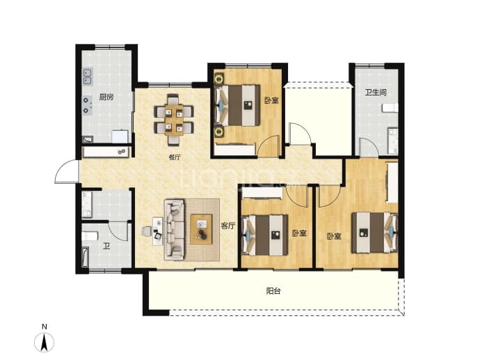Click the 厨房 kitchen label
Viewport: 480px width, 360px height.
point(106,97)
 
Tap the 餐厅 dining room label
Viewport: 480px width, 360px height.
point(175,157)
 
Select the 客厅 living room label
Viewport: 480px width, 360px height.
point(228,226)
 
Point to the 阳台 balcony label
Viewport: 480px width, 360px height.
point(273,291)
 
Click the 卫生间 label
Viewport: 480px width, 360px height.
point(376,92)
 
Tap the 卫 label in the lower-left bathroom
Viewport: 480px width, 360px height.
point(106,246)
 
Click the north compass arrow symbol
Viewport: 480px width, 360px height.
point(44,342)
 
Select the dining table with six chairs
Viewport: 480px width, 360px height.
point(174,120)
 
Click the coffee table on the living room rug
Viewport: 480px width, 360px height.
point(201,229)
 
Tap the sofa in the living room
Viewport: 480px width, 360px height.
point(175,230)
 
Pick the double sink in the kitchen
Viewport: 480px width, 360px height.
point(88,77)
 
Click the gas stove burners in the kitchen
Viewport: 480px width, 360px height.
point(87,105)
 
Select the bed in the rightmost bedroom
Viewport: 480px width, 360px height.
point(375,233)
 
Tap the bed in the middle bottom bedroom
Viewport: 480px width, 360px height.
point(265,235)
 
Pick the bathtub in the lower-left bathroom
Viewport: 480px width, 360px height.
point(85,258)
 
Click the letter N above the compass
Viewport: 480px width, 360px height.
point(45,327)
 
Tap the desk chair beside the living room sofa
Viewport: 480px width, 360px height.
point(147,231)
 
